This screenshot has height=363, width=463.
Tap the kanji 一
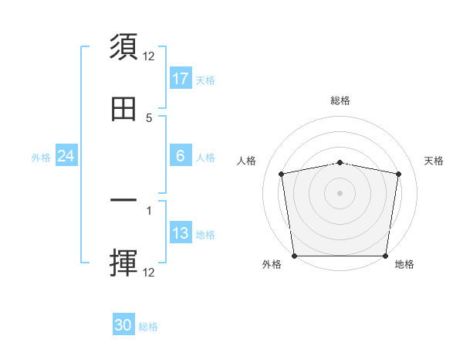tap(124, 201)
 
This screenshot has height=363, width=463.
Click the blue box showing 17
tap(181, 79)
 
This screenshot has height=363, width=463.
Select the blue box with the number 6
tap(181, 156)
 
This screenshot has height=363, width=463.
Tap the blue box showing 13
tap(181, 234)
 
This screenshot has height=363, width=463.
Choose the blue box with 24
tap(66, 156)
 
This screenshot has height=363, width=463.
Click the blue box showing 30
tap(123, 325)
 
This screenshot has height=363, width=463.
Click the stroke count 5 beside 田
tap(149, 117)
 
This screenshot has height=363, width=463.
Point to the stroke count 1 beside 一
tap(149, 209)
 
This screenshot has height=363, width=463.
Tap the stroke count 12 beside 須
tap(149, 56)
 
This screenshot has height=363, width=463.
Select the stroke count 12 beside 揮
tap(149, 272)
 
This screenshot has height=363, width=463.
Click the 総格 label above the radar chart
tap(340, 100)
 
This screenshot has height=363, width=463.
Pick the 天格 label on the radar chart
tap(434, 161)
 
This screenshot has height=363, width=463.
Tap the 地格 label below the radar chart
tap(404, 265)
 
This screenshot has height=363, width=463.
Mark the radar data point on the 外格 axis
tap(294, 256)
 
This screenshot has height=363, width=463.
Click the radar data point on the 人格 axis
tap(282, 174)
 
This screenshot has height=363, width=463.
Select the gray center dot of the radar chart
tap(340, 193)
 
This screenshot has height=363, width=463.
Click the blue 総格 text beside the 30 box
tap(148, 327)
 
